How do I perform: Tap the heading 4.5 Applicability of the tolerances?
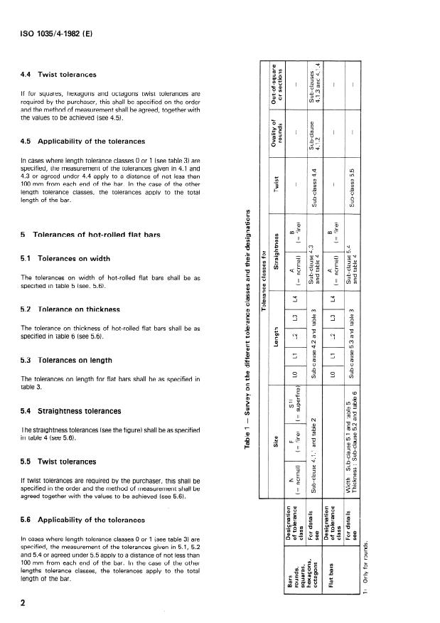84,141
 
